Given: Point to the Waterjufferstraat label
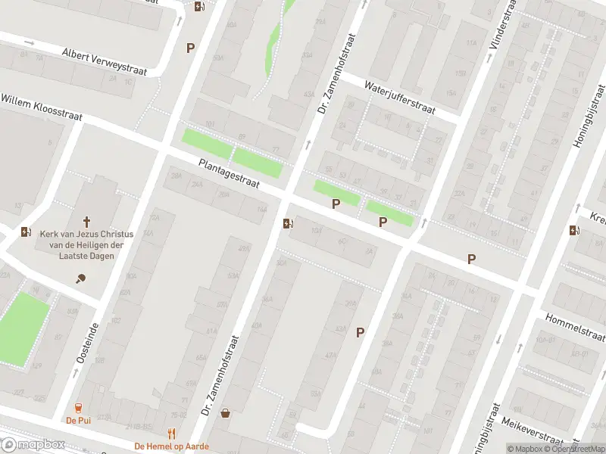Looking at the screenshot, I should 399,98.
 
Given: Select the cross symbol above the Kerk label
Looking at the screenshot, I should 87,222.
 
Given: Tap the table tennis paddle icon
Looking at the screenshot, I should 81,278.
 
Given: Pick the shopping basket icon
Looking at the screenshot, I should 225,413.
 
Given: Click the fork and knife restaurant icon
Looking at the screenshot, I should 171,434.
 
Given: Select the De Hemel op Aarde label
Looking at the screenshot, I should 171,446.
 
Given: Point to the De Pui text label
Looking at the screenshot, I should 77,420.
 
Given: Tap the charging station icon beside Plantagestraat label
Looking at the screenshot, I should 287,222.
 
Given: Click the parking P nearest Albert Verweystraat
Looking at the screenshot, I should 190,48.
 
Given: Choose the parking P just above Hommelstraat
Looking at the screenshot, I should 471,259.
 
